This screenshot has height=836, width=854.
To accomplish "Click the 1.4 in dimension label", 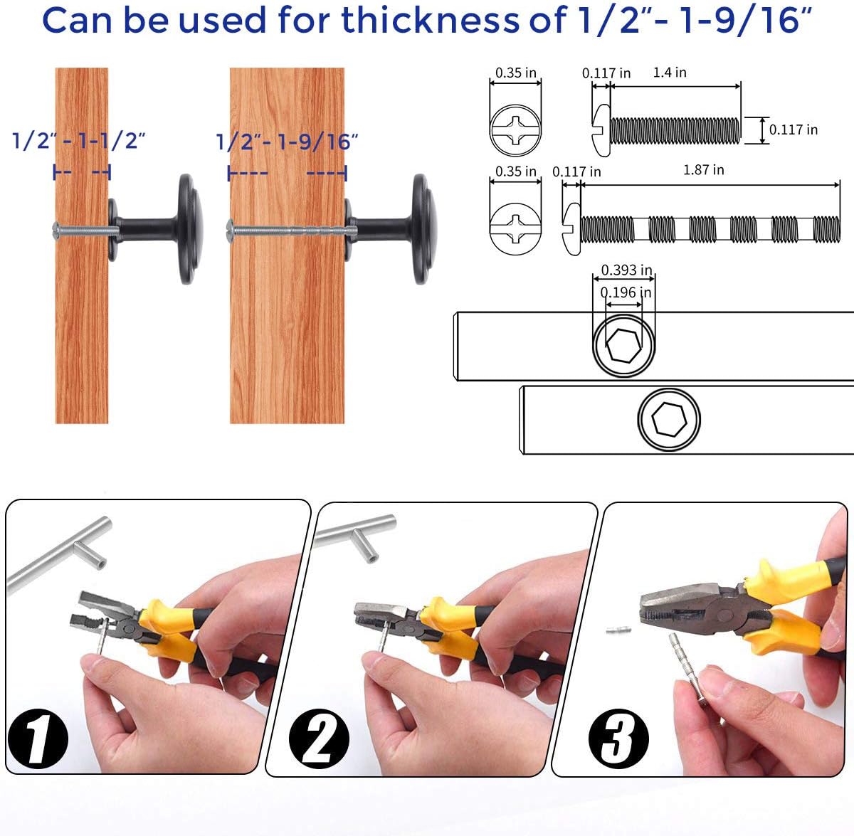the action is click(670, 73).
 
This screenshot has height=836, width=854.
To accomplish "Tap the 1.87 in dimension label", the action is click(703, 170).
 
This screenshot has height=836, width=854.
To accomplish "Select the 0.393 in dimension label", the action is click(626, 270).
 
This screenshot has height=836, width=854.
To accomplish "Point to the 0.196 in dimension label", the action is click(626, 292).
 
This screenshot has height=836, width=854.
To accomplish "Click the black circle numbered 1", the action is click(38, 739).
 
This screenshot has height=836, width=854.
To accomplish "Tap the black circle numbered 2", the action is click(319, 739).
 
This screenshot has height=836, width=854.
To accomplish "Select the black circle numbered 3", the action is click(618, 739).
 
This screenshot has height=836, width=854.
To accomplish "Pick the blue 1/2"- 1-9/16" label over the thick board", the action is click(287, 142).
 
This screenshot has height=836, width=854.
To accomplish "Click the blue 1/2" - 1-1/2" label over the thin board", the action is click(78, 140).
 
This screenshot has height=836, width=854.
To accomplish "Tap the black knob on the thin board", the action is click(156, 229).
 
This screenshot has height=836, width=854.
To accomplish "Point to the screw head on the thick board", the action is click(230, 231).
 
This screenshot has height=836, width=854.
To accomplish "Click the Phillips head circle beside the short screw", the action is click(515, 130).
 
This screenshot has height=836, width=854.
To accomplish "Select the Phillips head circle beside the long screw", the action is click(515, 228).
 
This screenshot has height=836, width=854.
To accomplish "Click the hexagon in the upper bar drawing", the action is click(623, 346).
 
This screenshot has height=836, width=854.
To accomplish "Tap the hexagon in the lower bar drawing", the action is click(669, 420).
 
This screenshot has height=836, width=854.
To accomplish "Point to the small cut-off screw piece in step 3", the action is click(618, 630).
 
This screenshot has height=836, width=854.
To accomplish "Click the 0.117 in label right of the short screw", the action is click(794, 130).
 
